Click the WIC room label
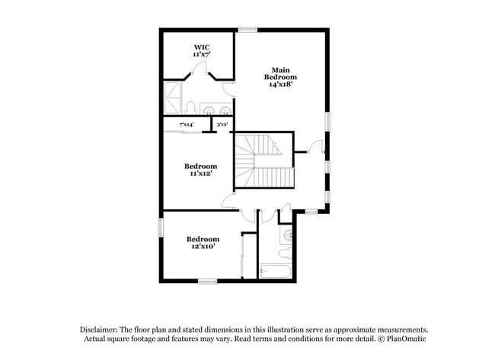pyautogui.click(x=201, y=51)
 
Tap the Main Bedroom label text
pyautogui.click(x=280, y=77)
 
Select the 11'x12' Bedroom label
pyautogui.click(x=200, y=169)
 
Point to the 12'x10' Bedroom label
pyautogui.click(x=203, y=242)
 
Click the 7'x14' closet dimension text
pyautogui.click(x=186, y=124)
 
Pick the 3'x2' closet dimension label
pyautogui.click(x=222, y=124)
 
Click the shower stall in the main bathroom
pyautogui.click(x=173, y=99)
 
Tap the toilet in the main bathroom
pyautogui.click(x=193, y=107)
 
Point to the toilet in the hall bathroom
pyautogui.click(x=285, y=252)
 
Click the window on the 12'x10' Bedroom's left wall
pyautogui.click(x=161, y=228)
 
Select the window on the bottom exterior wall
pyautogui.click(x=207, y=282)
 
